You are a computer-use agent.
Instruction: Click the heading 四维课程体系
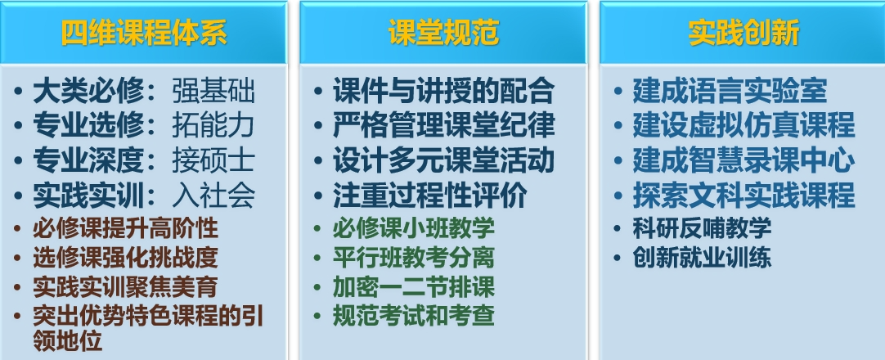(144, 33)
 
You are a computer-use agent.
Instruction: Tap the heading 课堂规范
(444, 33)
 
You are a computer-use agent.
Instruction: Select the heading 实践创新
(743, 33)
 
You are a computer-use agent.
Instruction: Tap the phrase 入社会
(213, 196)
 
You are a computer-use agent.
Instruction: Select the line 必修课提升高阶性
(125, 228)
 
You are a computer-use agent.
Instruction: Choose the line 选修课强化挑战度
(125, 257)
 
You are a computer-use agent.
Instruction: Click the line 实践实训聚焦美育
(125, 286)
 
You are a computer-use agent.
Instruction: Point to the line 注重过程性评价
(430, 196)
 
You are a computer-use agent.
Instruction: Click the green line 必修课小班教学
(414, 228)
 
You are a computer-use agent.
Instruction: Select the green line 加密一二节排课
(414, 286)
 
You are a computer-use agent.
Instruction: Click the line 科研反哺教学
(702, 228)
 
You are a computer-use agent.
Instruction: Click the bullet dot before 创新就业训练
(618, 259)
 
